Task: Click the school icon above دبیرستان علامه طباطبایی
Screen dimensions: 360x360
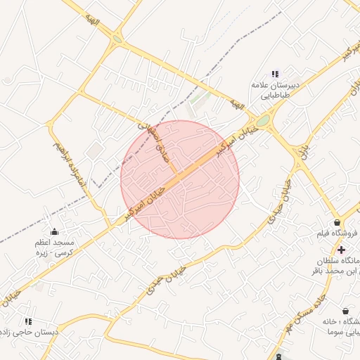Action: (275, 74)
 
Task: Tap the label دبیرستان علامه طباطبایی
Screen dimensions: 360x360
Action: (275, 90)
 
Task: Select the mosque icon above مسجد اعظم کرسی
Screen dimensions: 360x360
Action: (55, 232)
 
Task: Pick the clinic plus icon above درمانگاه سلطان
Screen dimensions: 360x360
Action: (341, 250)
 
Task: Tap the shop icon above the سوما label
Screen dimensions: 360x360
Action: (345, 310)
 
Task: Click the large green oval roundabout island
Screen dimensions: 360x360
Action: (263, 122)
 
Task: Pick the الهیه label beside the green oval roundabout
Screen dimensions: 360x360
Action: (237, 105)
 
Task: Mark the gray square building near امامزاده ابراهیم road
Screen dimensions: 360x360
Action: (94, 151)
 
